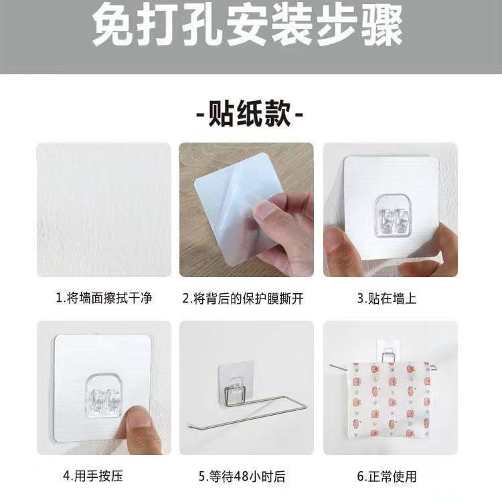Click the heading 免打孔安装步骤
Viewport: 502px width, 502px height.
247,25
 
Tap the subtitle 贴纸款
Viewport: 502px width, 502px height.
250,113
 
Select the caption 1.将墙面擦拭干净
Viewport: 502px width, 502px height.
104,298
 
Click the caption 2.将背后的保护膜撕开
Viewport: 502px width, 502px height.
243,299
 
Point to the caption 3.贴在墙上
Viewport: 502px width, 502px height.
387,298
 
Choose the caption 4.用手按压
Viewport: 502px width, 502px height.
93,476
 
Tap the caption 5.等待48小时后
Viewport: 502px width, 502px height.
242,477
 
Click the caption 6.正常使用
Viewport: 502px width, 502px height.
387,477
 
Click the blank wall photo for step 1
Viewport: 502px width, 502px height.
104,210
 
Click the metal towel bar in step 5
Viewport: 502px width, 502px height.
246,412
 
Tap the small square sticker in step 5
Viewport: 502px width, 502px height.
236,383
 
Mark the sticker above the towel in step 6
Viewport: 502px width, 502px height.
388,350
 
